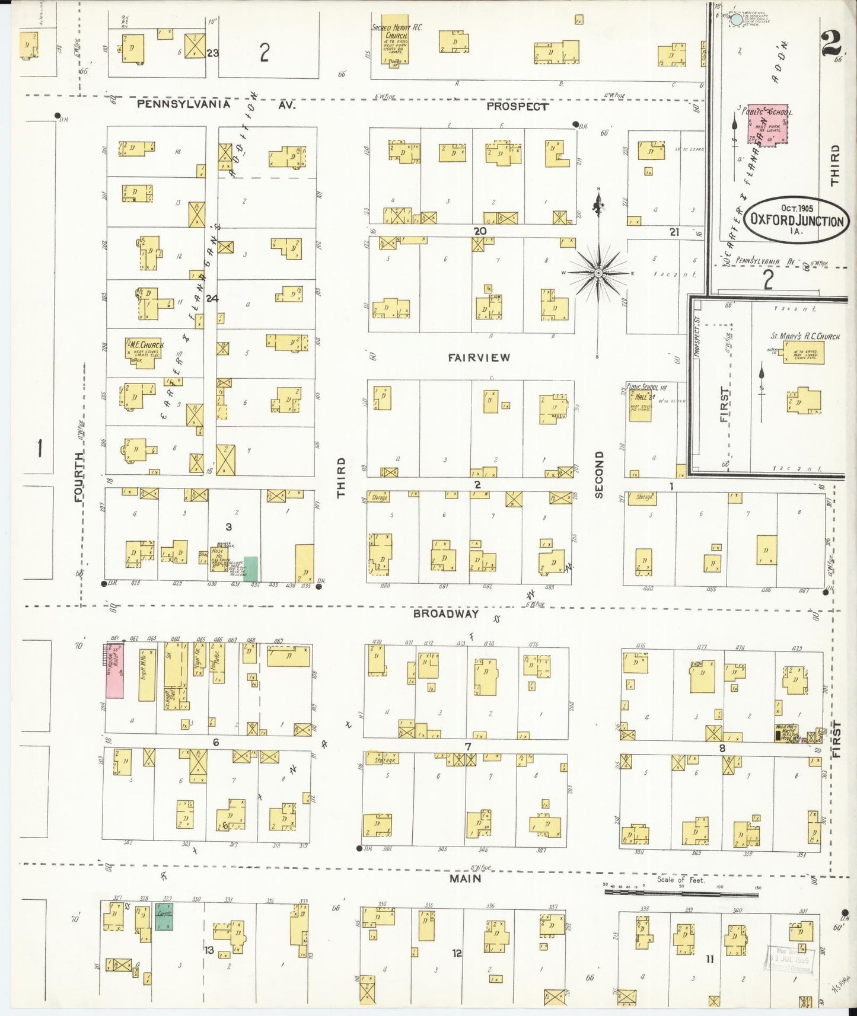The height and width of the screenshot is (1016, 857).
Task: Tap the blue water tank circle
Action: click(736, 20)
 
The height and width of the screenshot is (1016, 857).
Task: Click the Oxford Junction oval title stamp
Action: click(797, 219)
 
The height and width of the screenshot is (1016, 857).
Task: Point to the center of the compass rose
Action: click(598, 273)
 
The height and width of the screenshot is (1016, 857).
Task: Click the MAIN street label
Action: click(465, 878)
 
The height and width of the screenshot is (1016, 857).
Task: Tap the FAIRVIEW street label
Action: click(479, 357)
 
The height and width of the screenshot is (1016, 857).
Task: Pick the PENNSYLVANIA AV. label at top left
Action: click(216, 104)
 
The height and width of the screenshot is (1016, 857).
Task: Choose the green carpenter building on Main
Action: click(164, 916)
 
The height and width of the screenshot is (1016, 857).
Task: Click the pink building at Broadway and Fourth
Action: click(114, 670)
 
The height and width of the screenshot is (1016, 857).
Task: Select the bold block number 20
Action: click(480, 231)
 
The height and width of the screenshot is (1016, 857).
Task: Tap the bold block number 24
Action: click(212, 299)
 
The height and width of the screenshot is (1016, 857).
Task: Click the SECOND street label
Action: click(598, 474)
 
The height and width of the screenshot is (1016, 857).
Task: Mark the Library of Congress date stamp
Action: click(789, 959)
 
